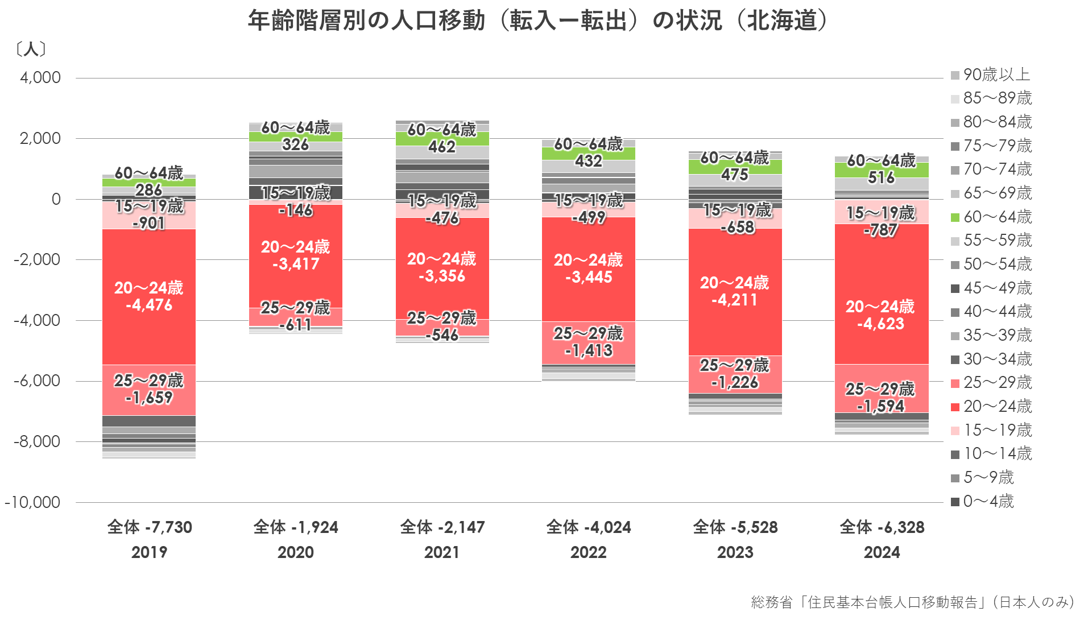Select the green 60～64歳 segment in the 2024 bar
(882, 170)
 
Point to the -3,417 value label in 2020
(296, 264)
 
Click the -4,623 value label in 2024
(880, 324)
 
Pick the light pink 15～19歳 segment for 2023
(735, 219)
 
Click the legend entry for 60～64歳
(991, 217)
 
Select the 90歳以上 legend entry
(990, 75)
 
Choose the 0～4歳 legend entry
(982, 501)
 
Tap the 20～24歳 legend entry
(991, 406)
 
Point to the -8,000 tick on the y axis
(37, 441)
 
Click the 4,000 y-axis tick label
(40, 77)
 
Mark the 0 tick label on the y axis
(56, 199)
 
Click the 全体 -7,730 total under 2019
(150, 527)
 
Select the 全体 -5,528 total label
(735, 527)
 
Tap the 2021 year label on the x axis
(442, 552)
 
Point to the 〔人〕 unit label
(30, 49)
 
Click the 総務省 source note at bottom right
(913, 602)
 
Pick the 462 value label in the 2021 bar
(442, 147)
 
